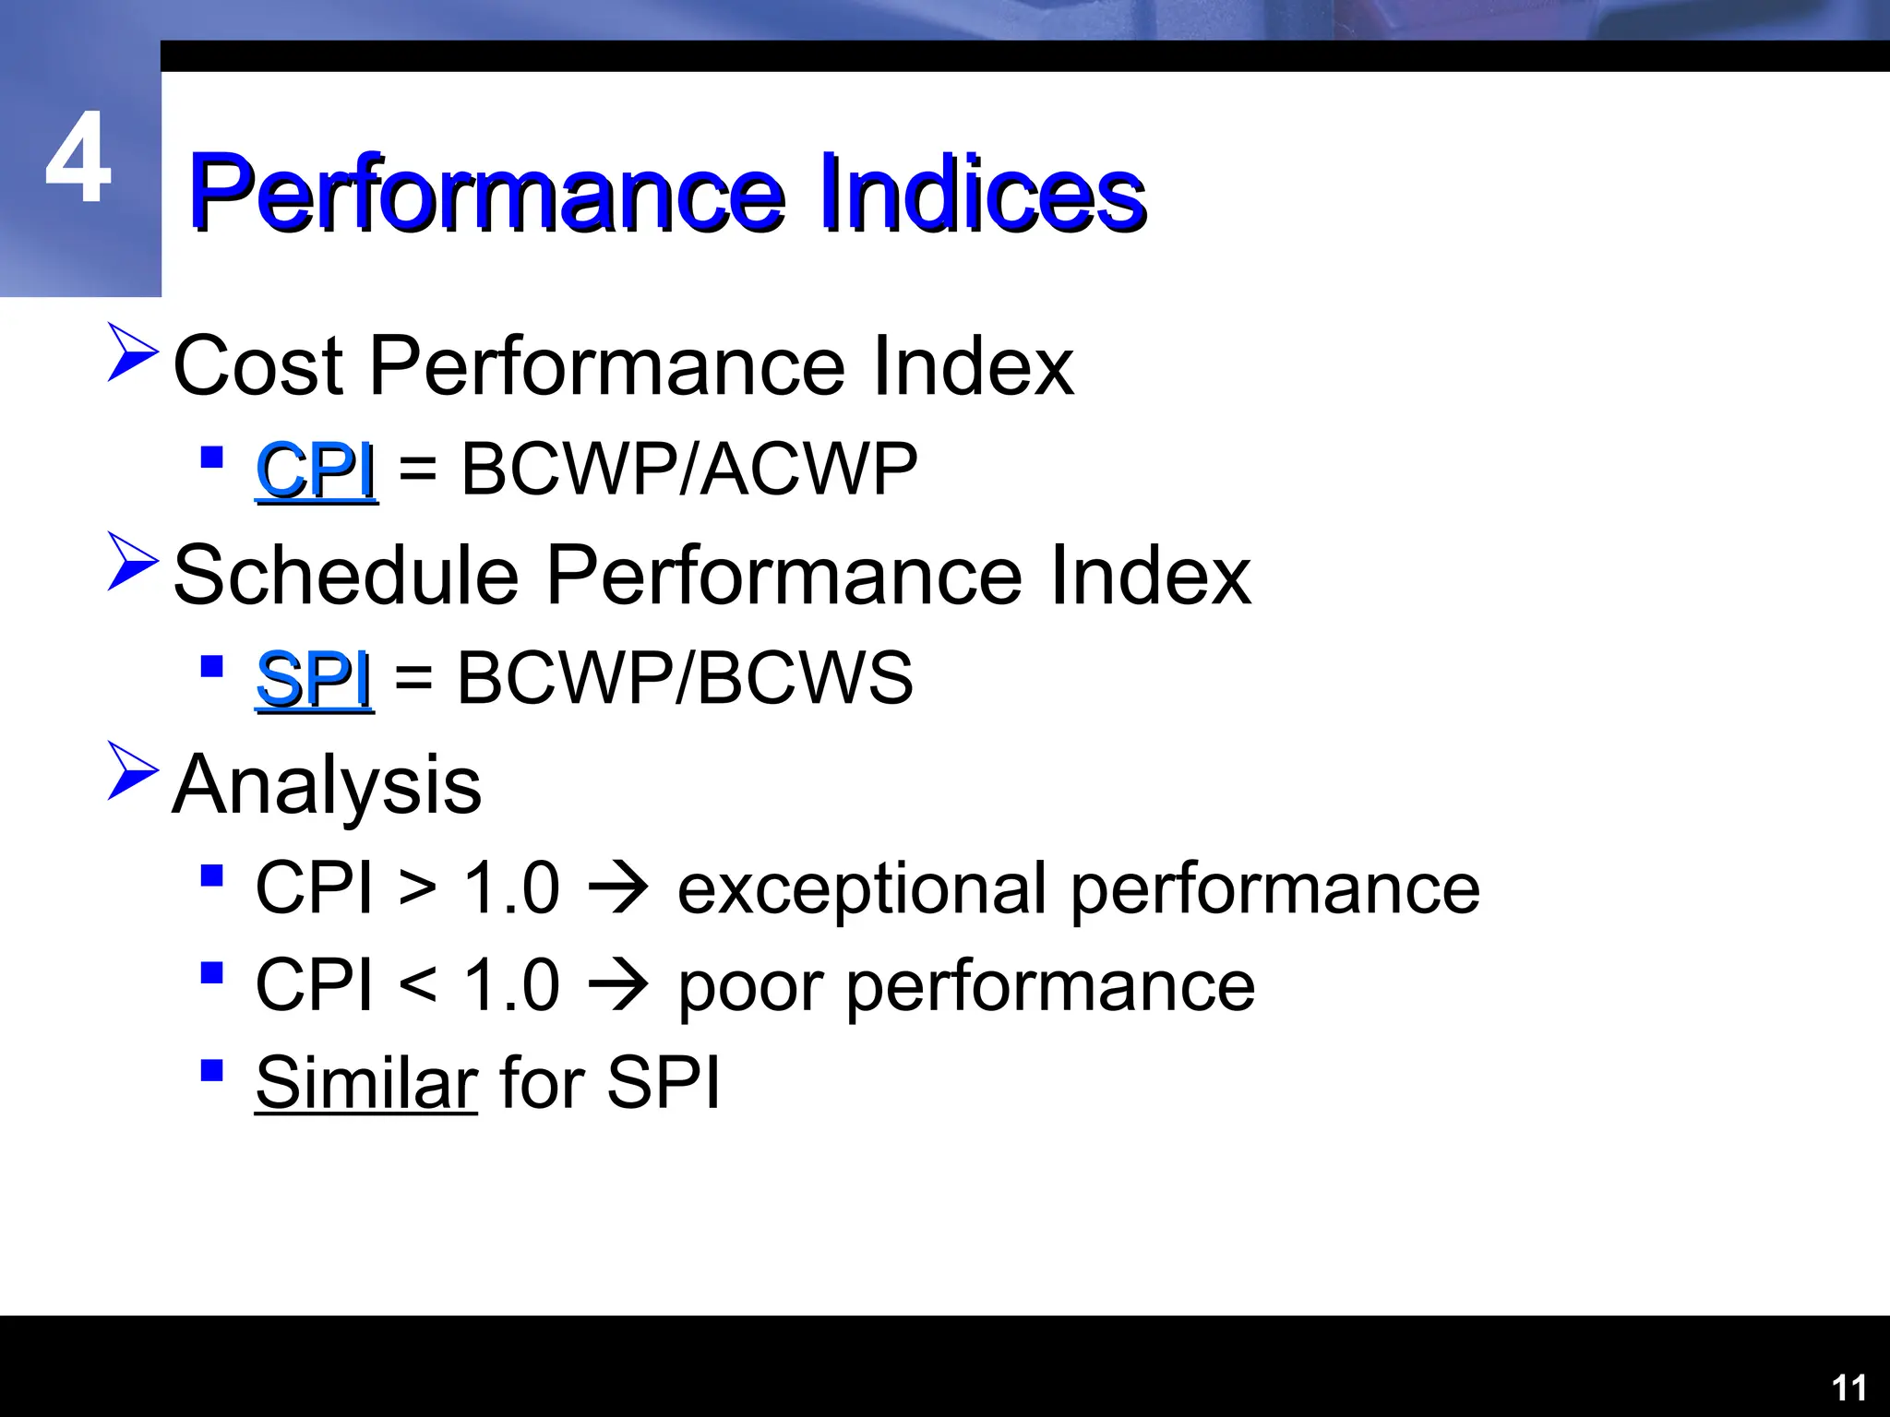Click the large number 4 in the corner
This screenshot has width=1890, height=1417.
[79, 159]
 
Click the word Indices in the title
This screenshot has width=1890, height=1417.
[982, 194]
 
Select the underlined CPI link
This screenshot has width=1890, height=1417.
[316, 470]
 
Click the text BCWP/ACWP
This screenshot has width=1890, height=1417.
[688, 470]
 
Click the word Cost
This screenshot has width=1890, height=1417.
[258, 366]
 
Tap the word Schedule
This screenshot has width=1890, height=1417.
[345, 576]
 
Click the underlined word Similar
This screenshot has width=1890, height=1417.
[365, 1083]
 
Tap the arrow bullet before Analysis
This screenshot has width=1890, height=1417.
[132, 769]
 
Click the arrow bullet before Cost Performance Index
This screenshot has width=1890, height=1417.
[132, 351]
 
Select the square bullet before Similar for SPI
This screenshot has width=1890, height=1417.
[211, 1070]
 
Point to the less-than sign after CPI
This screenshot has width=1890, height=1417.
[417, 985]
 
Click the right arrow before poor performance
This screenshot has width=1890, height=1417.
[618, 985]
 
